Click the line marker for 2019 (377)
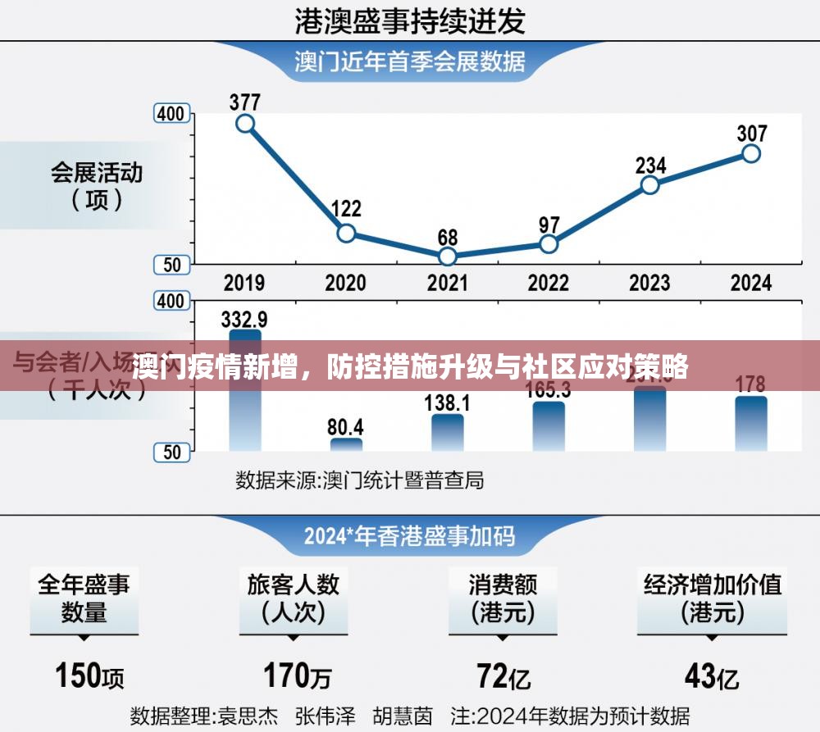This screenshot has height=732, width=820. tap(244, 124)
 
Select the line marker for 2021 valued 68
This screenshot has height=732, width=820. tap(447, 257)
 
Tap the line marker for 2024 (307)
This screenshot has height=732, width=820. tap(751, 153)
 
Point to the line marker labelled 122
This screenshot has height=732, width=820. tap(346, 234)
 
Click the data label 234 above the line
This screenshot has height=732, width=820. tap(650, 165)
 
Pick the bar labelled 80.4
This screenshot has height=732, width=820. tap(346, 444)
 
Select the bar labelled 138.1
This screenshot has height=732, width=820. tap(447, 432)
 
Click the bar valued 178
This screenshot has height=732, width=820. tap(751, 423)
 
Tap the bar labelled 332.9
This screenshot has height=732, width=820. tap(244, 390)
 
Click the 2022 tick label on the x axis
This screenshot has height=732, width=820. tap(548, 284)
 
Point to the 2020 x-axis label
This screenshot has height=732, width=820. tap(346, 284)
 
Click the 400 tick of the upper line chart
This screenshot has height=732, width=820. tap(171, 114)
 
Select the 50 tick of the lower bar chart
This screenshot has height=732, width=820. tap(171, 451)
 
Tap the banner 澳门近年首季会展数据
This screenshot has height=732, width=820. tap(410, 61)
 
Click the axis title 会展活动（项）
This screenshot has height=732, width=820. tap(97, 185)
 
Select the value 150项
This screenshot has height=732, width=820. tap(90, 676)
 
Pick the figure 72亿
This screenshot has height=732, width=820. tap(503, 676)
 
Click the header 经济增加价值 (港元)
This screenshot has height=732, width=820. tap(712, 598)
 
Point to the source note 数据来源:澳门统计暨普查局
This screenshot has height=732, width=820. tap(359, 480)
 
